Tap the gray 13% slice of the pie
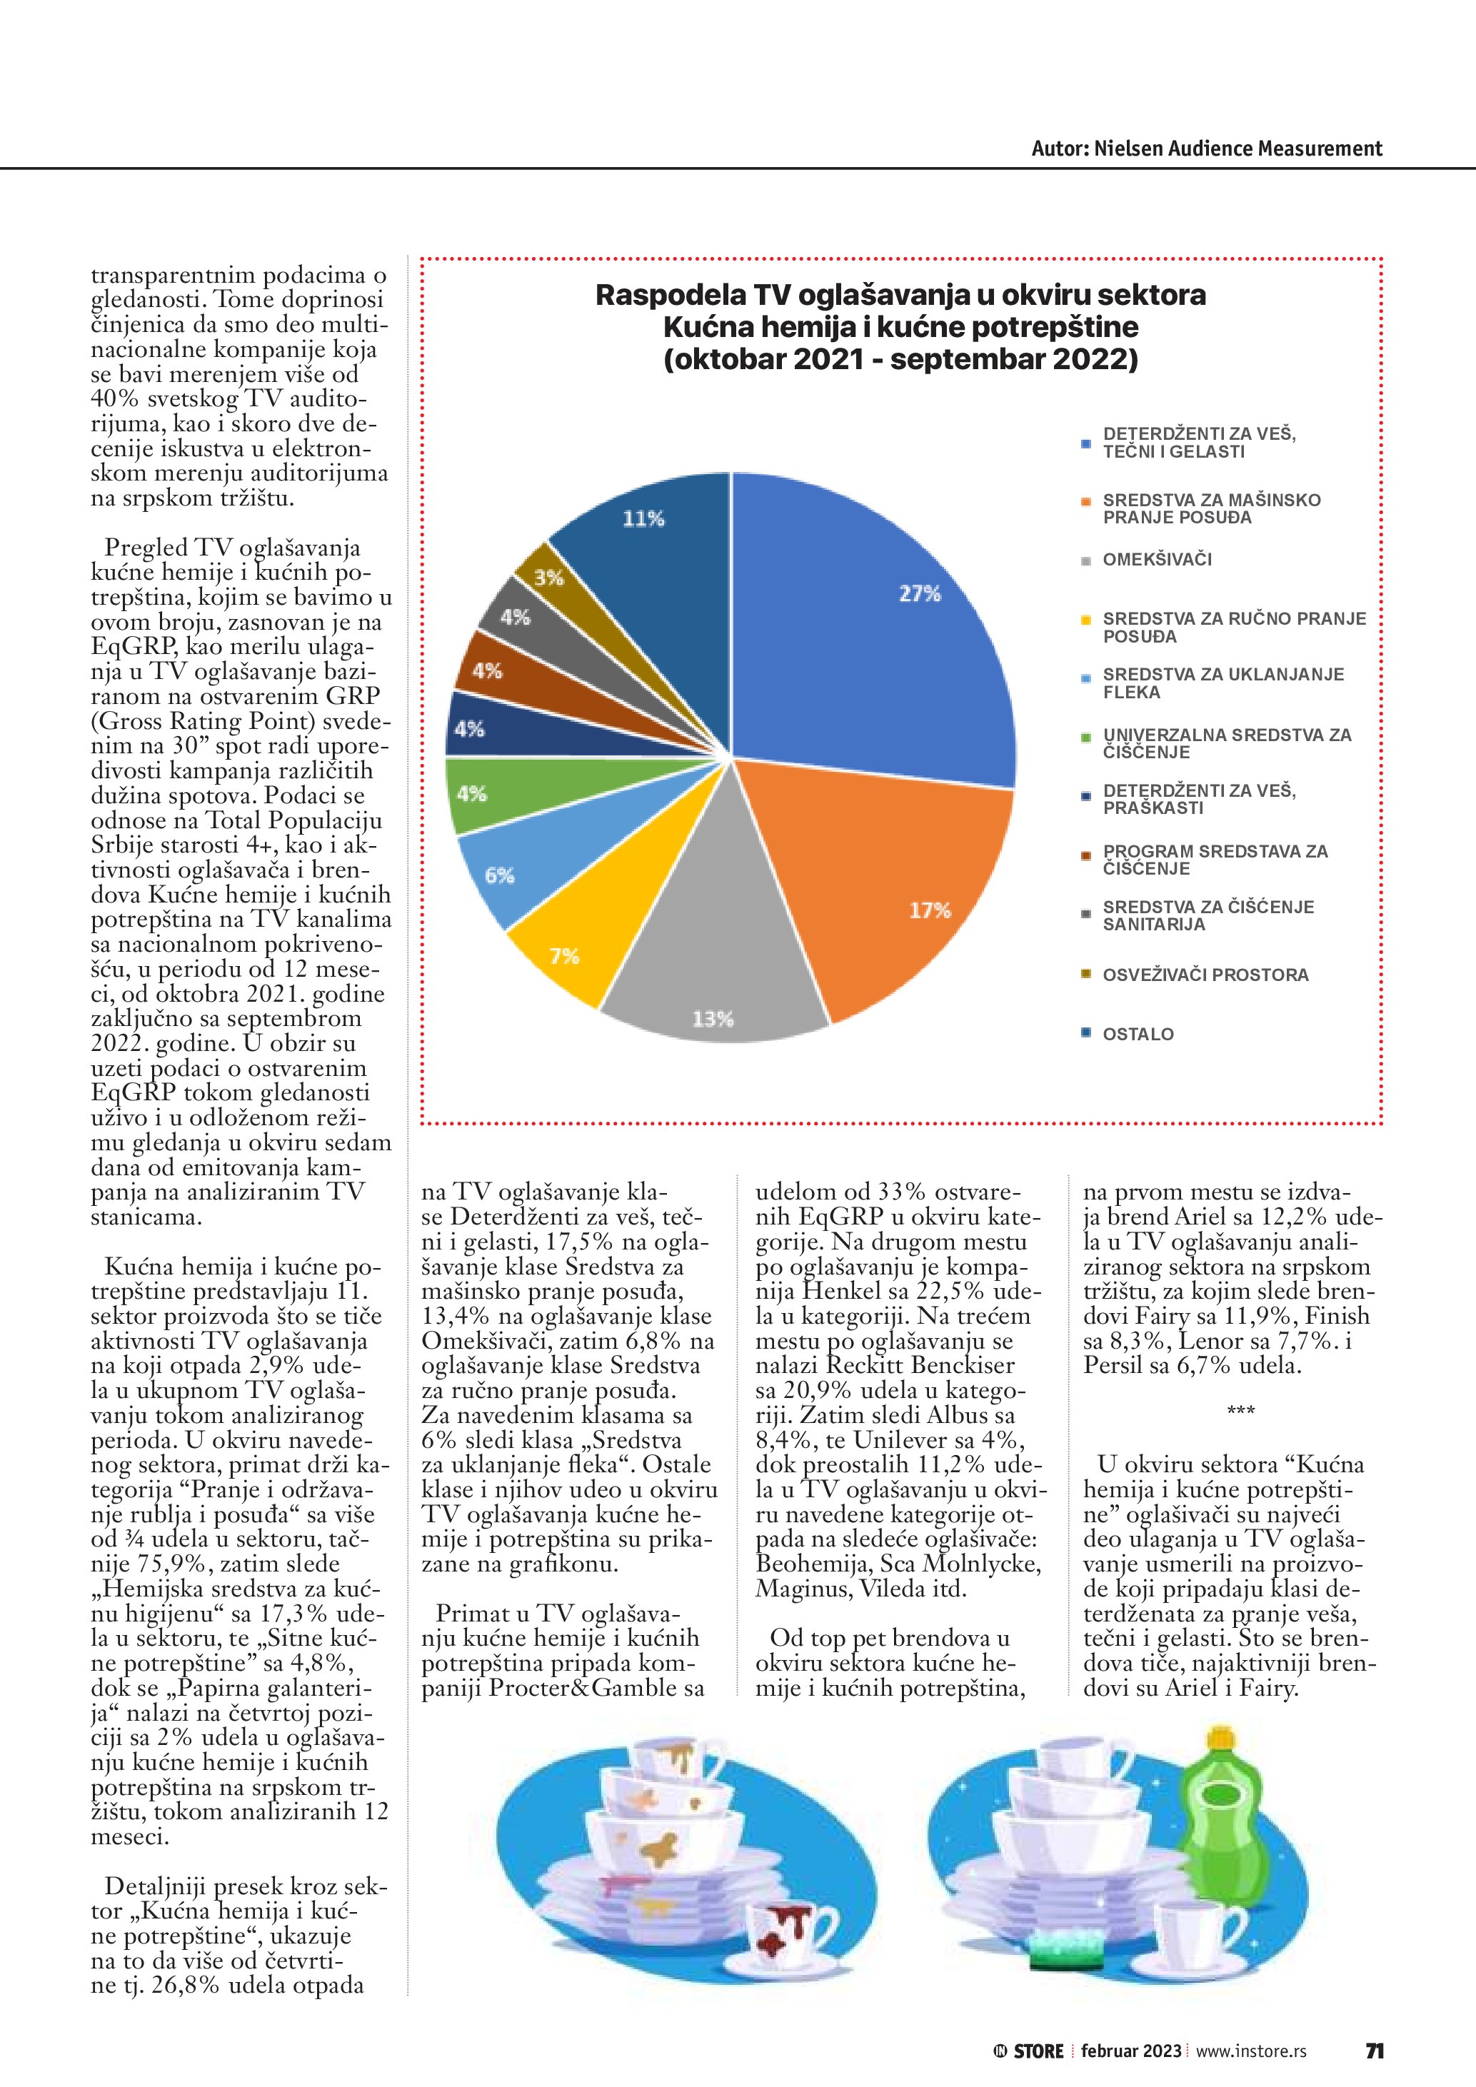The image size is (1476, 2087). [713, 982]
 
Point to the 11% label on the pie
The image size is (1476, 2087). [643, 519]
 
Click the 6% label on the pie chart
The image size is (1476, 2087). [499, 875]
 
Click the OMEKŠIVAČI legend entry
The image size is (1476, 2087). [1157, 560]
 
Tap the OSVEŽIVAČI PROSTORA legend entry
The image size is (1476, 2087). [1205, 975]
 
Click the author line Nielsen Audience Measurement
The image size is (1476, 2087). [1206, 149]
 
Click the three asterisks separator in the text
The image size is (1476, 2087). [1240, 1412]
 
